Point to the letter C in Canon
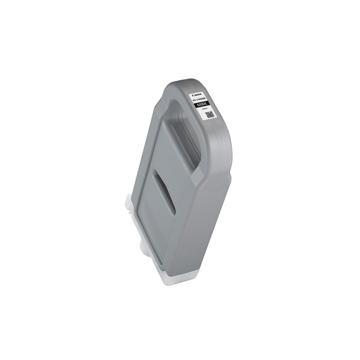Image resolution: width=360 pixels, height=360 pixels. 192,94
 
